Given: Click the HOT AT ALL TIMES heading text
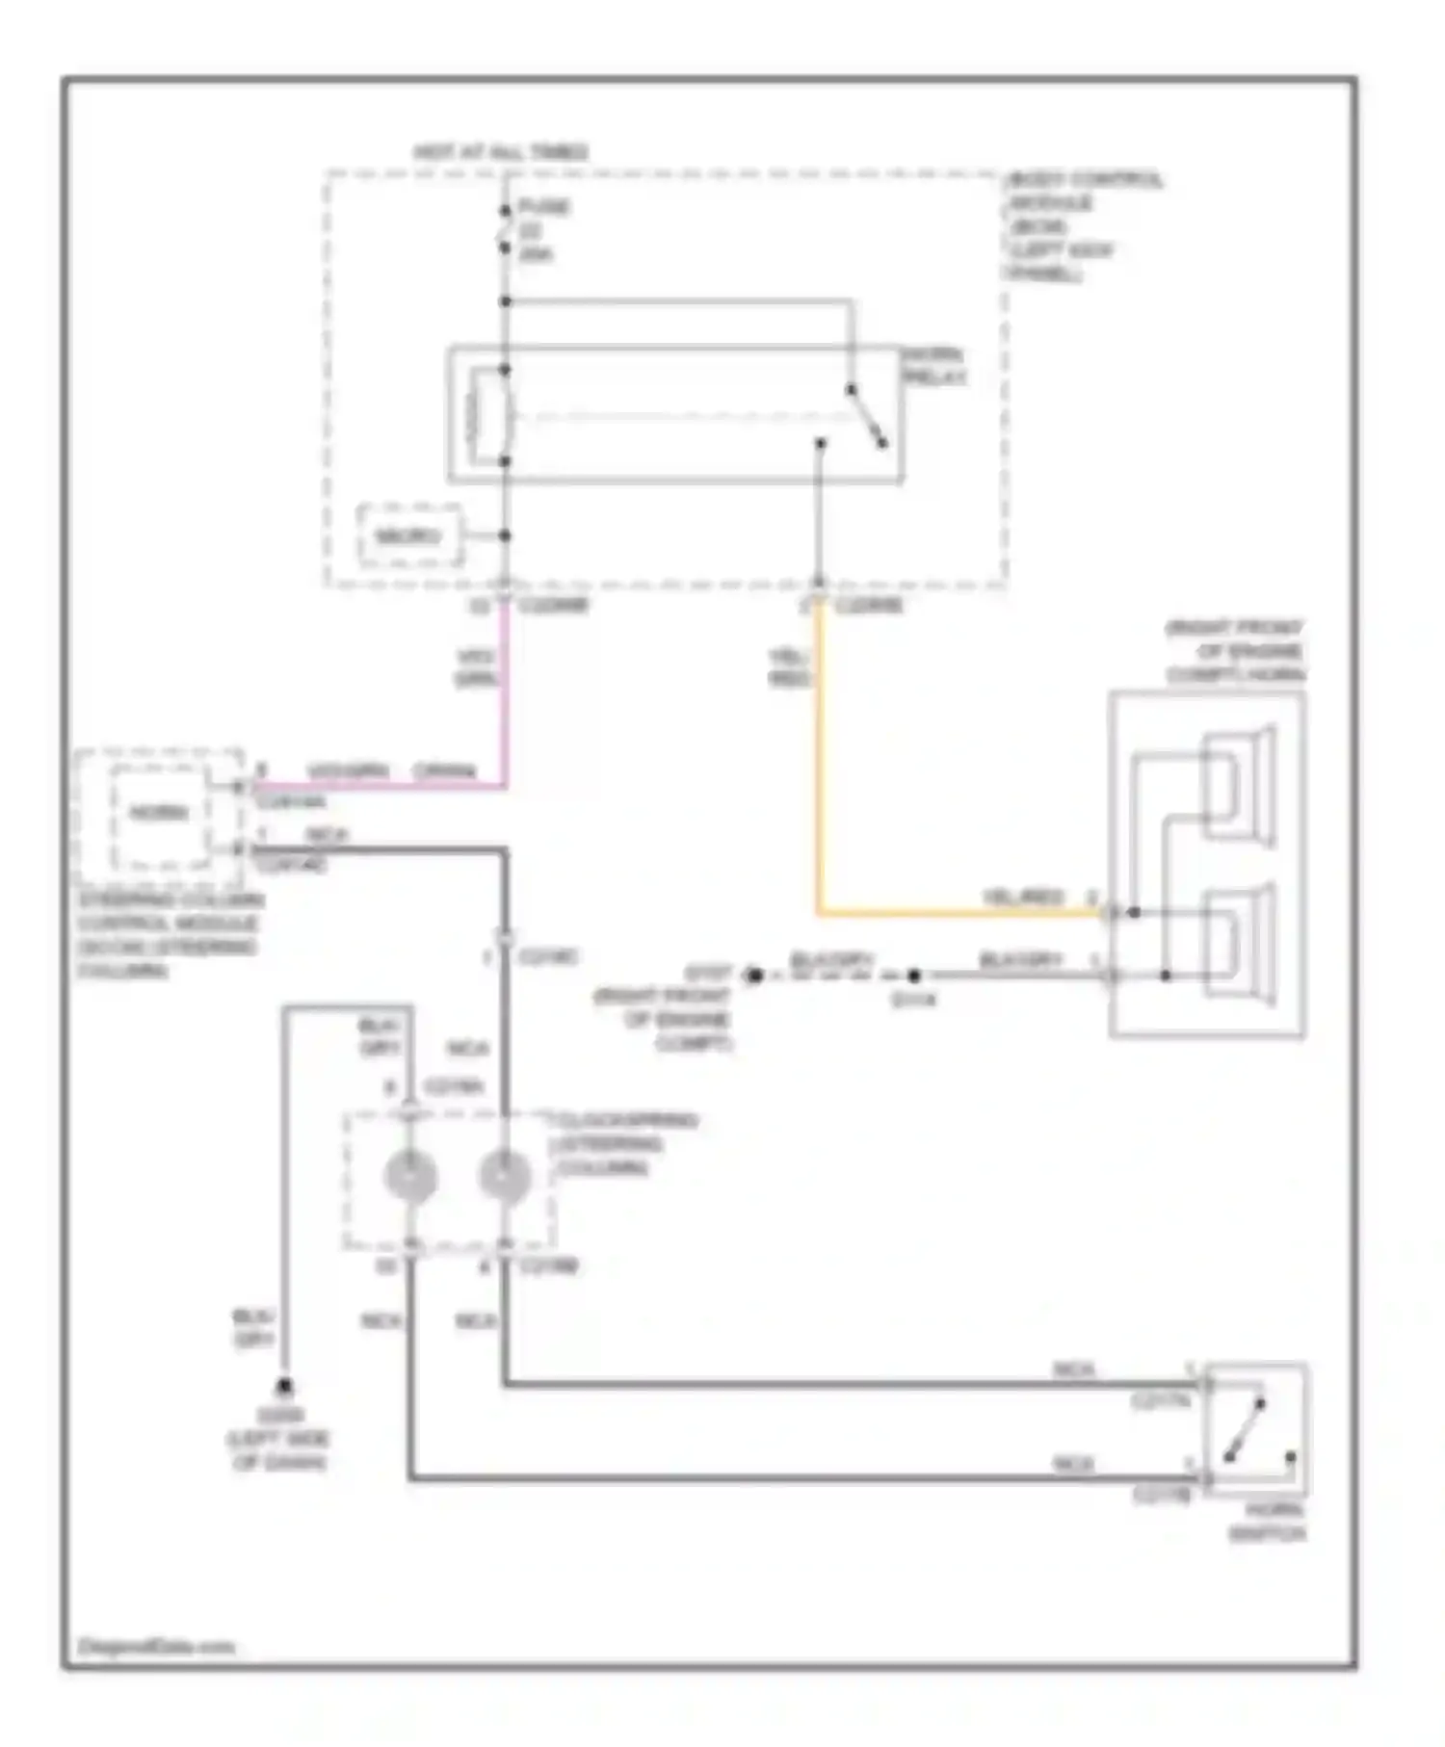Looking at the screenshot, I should pos(500,152).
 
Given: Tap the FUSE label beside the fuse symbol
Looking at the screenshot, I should pos(543,207).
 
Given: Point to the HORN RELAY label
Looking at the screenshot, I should pos(933,366).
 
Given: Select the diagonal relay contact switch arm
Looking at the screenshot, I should pos(866,416).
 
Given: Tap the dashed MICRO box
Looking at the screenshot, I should pos(409,535).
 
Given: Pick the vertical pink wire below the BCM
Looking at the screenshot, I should pos(504,693).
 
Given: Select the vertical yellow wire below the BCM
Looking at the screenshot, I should pos(819,761).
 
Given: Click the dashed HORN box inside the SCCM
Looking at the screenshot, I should pos(160,814).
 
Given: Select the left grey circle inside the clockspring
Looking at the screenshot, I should pos(410,1177).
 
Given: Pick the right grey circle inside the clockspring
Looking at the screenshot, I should pos(504,1177).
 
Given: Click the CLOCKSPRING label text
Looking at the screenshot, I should pos(624,1144).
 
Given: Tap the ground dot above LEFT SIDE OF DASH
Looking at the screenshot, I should pos(284,1387).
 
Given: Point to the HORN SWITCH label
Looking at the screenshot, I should pos(1267,1522).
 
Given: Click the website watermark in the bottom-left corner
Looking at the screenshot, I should pos(156,1646).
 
